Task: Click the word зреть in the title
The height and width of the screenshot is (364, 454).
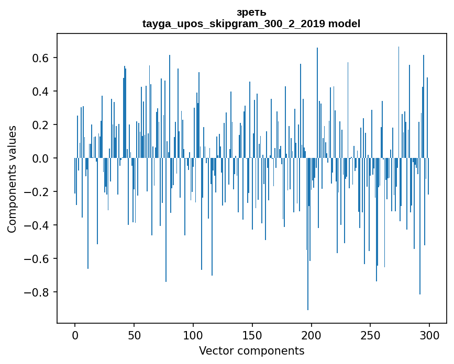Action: (x=251, y=13)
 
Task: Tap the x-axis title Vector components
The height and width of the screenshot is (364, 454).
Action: (x=251, y=350)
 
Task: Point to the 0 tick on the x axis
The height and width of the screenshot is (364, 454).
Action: (x=75, y=335)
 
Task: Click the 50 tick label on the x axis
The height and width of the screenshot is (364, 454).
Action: (x=134, y=335)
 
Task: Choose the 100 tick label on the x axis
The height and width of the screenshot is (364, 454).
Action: (x=193, y=335)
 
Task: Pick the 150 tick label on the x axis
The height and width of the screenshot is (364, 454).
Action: (x=252, y=335)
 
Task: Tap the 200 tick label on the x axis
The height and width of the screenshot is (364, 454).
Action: (x=312, y=335)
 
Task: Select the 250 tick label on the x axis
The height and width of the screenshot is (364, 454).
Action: (x=371, y=335)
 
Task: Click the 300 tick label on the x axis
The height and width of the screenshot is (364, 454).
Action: (x=430, y=335)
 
